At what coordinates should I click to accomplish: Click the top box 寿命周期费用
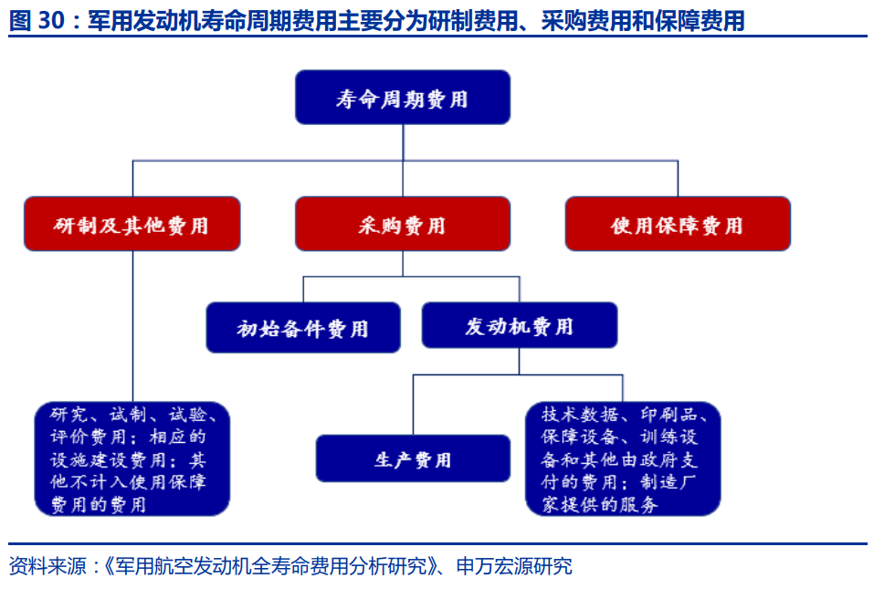402,98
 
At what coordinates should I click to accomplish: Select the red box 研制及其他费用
132,224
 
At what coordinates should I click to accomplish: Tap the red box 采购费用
402,224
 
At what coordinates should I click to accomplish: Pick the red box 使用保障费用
677,224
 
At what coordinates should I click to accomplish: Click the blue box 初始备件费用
302,327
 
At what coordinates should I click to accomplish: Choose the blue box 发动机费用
519,325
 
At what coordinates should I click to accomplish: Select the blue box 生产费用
413,458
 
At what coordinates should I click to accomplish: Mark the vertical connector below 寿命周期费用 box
403,142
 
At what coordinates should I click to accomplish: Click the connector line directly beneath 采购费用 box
403,263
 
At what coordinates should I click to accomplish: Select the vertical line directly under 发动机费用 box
520,361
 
